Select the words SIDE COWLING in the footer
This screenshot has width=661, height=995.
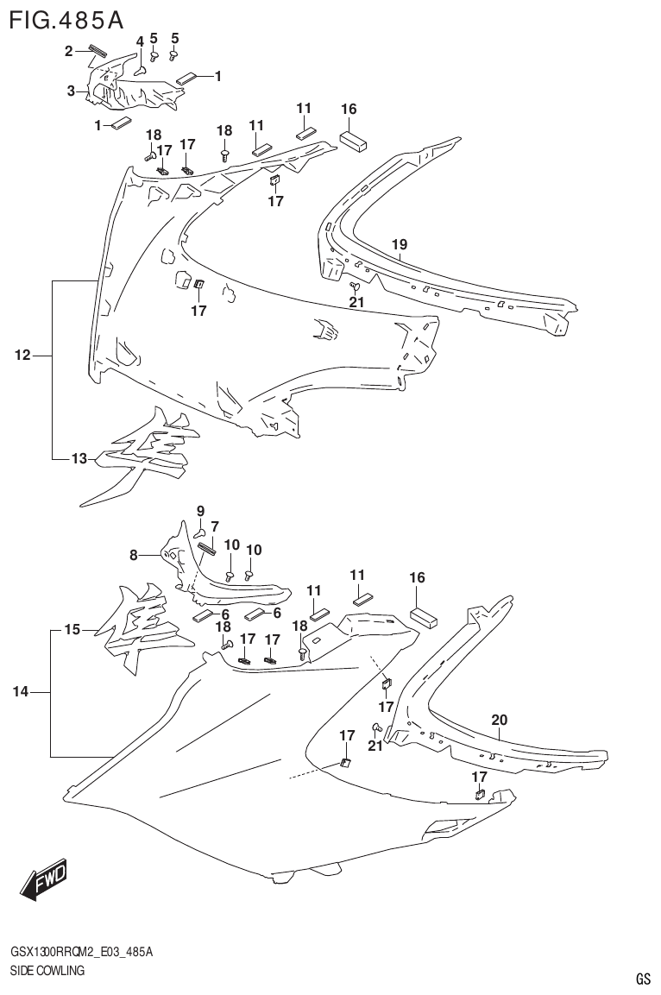coord(47,971)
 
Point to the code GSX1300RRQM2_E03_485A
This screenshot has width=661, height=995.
coord(82,952)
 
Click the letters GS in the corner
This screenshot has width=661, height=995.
coord(642,979)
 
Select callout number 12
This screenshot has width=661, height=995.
coord(22,355)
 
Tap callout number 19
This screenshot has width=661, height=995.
coord(399,245)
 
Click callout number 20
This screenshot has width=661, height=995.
coord(499,719)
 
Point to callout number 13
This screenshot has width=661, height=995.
coord(79,458)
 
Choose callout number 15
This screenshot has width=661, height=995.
coord(72,630)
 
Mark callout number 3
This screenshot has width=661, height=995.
coord(72,91)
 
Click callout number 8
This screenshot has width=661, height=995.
coord(135,556)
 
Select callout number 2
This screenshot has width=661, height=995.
coord(69,53)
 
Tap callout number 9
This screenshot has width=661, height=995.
coord(200,510)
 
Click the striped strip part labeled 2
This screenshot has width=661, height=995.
coord(96,50)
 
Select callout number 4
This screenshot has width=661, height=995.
coord(140,41)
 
